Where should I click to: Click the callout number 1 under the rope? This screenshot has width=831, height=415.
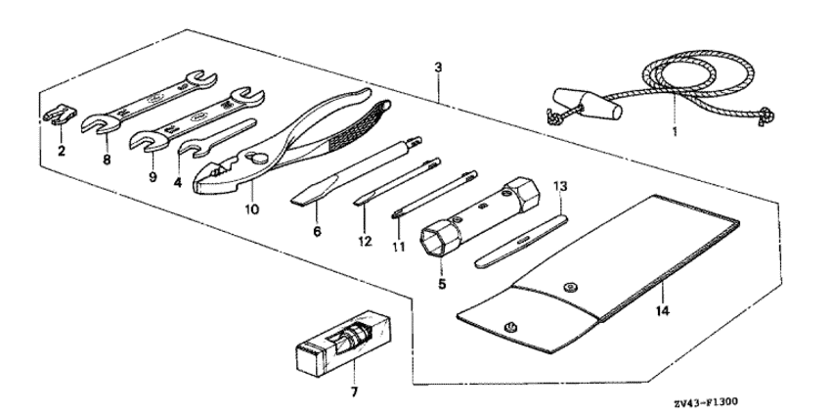tap(675, 130)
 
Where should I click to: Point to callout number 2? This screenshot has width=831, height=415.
tap(62, 152)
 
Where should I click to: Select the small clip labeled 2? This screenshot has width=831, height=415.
tap(59, 116)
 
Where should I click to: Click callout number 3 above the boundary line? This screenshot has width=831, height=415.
tap(438, 68)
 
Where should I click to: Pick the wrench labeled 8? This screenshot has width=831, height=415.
tap(150, 100)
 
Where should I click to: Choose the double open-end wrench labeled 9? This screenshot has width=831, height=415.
tap(197, 119)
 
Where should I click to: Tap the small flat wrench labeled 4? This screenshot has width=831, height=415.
tap(216, 138)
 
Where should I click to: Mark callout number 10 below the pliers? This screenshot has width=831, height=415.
tap(252, 209)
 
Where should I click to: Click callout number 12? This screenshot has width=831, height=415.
tap(365, 241)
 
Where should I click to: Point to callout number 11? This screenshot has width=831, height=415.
tap(399, 247)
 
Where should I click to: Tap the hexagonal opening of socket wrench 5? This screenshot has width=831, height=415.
tap(436, 241)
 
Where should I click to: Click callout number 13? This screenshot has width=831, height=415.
tap(560, 186)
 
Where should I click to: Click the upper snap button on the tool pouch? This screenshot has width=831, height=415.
tap(570, 287)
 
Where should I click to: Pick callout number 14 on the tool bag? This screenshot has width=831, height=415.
tap(663, 310)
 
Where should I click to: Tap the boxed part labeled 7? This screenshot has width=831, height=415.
tap(342, 345)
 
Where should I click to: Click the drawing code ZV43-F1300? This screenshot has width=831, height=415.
tap(706, 402)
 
